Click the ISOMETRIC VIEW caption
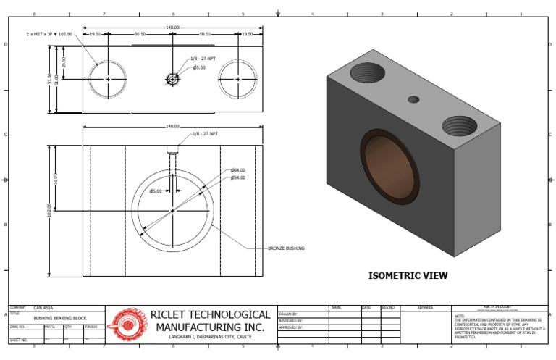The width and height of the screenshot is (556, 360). coord(408,276)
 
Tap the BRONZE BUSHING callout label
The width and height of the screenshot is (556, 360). coord(286,248)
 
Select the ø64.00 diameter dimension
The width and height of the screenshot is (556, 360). coord(238,170)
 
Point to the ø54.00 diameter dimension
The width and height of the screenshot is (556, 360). coord(238,177)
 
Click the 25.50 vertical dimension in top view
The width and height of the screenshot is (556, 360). coord(64,63)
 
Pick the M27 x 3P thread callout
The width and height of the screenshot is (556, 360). coord(49,34)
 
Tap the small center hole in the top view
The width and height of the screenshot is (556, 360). coord(172,79)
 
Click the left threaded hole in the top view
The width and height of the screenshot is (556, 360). coord(108,79)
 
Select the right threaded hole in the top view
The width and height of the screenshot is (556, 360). coord(237,79)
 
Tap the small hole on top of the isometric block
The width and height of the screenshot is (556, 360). coord(413,99)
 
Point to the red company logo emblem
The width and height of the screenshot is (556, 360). coord(127,324)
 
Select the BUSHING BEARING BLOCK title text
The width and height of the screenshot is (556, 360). coord(60,318)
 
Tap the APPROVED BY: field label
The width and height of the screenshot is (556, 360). coord(291,327)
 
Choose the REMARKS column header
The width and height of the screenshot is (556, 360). coord(425,308)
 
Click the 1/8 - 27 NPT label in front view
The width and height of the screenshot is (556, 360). coord(205,135)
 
